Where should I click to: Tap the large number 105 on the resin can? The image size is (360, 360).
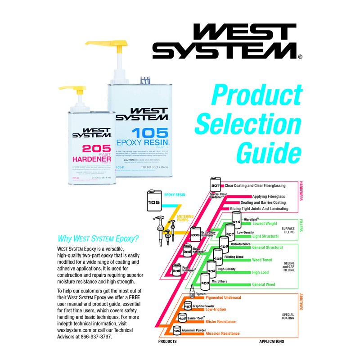(x=149, y=134)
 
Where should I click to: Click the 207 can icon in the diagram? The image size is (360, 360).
(x=215, y=184)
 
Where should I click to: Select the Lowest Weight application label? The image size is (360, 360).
(x=265, y=224)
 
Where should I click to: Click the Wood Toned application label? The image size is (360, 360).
(x=262, y=260)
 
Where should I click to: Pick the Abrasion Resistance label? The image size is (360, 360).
(x=222, y=333)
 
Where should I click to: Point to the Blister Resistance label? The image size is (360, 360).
(x=220, y=322)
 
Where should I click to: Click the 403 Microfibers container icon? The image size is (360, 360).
(x=205, y=283)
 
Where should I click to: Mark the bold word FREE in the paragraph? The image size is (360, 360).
(x=134, y=298)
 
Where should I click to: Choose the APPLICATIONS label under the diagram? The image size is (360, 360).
(x=271, y=342)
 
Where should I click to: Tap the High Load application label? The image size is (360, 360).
(x=260, y=272)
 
